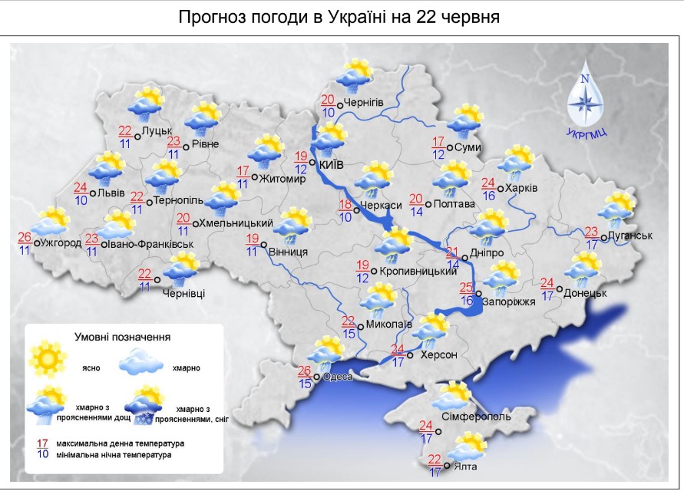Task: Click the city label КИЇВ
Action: point(330,165)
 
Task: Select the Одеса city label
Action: point(337,376)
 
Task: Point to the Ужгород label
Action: point(61,243)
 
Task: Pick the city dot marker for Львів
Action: point(93,193)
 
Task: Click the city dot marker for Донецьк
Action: point(560,291)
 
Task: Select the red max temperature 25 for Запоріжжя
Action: point(466,288)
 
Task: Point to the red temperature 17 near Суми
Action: point(438,142)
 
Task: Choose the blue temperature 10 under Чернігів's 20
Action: point(328,112)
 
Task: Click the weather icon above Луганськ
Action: point(619,209)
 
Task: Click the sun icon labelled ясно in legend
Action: point(46,356)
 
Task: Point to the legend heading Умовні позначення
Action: point(122,336)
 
